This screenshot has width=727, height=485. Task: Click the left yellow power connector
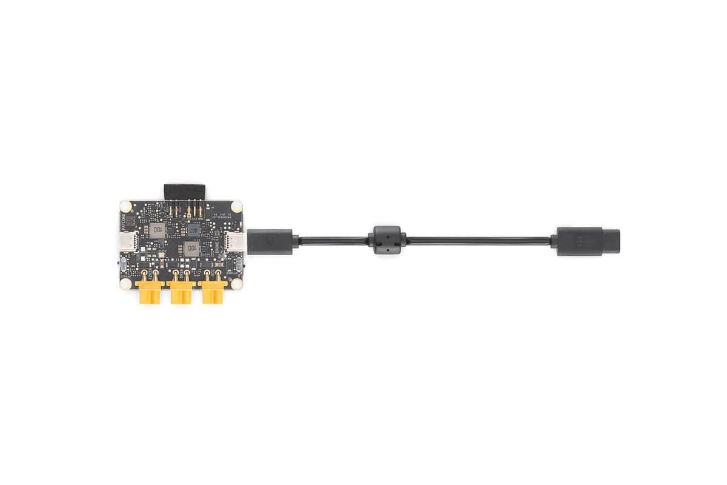150,293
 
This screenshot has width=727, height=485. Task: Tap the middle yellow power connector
181,293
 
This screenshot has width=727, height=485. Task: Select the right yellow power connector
213,293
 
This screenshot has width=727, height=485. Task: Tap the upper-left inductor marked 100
158,229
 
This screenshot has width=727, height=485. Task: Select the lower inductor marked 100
191,248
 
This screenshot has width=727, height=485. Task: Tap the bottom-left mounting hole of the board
125,282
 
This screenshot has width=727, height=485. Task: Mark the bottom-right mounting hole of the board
236,282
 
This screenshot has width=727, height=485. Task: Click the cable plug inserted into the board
270,241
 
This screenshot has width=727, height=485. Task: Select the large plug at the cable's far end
579,241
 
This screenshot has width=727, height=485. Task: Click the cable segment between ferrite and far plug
479,241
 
